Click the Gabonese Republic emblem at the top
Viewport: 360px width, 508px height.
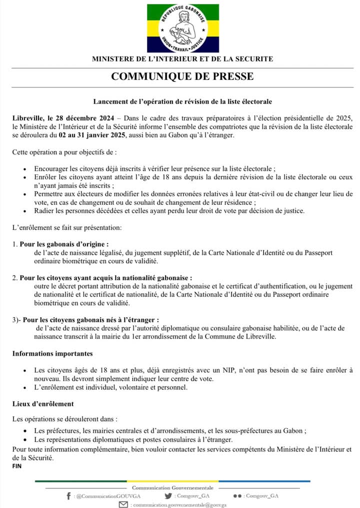tap(182, 28)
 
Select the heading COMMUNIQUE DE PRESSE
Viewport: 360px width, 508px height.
tap(182, 76)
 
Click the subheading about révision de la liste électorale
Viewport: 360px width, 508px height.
tap(182, 101)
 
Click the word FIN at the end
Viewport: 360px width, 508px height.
tap(17, 466)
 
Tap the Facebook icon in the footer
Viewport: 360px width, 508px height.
tap(68, 496)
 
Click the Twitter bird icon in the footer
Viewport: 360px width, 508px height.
tap(168, 496)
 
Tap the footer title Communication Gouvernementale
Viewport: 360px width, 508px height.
tap(172, 488)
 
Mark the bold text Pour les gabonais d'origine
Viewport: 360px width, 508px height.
tap(64, 245)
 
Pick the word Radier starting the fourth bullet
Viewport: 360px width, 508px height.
tap(45, 210)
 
